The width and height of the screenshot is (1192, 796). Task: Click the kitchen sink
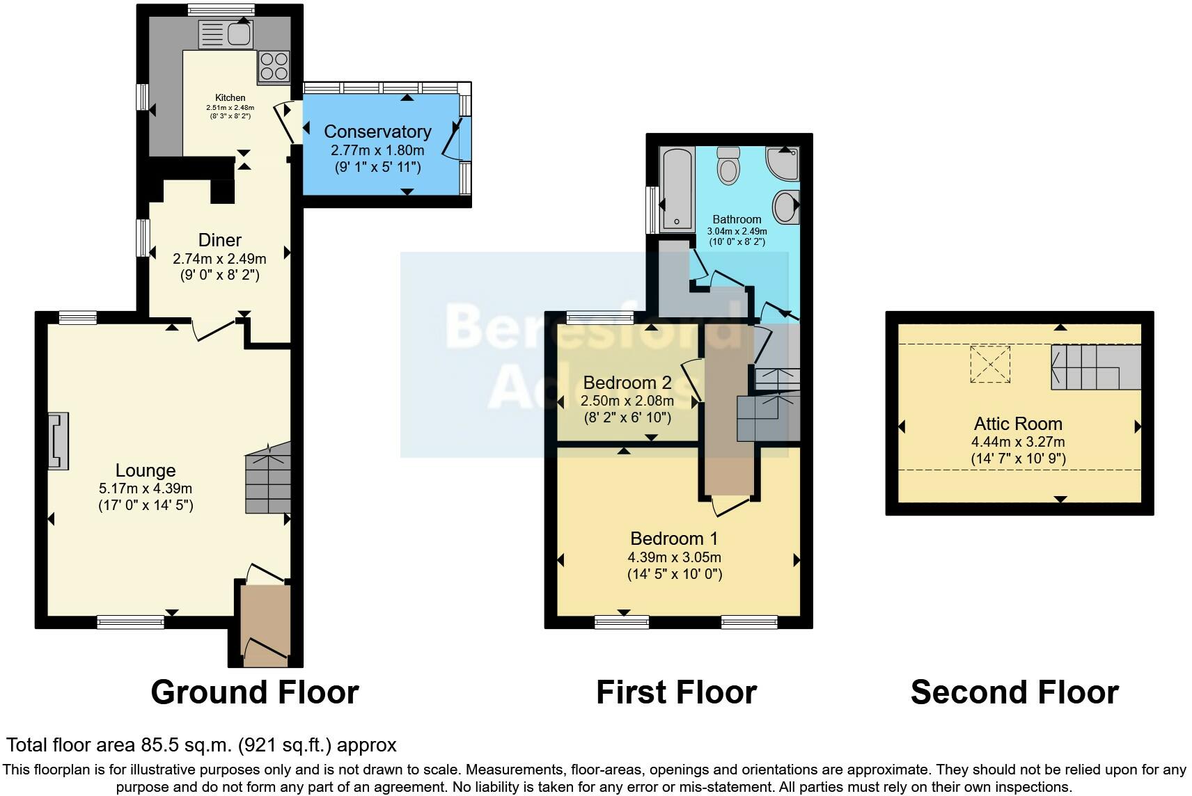click(x=226, y=33)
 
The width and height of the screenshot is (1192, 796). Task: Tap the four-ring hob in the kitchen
click(x=274, y=67)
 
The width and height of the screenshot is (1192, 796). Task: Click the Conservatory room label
click(x=377, y=132)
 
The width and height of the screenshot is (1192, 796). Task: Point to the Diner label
click(x=220, y=240)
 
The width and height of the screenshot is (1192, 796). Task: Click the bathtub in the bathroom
click(x=677, y=189)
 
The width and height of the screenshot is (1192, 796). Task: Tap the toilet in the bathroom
click(x=728, y=164)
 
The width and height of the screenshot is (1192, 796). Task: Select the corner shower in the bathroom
click(x=783, y=164)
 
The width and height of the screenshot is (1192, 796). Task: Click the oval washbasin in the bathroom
click(x=786, y=207)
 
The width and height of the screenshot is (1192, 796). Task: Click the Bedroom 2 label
click(x=627, y=383)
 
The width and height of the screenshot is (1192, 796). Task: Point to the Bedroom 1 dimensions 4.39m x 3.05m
click(x=674, y=557)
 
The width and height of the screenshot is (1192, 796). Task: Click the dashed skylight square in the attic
click(x=990, y=364)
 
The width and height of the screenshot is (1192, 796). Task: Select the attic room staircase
click(x=1095, y=367)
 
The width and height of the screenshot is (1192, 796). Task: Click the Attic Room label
click(x=1018, y=424)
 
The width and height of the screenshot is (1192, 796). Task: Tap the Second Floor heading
click(x=1014, y=692)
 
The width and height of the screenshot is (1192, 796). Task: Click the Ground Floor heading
click(x=255, y=692)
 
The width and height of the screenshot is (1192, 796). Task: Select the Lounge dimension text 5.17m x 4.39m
click(x=146, y=488)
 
